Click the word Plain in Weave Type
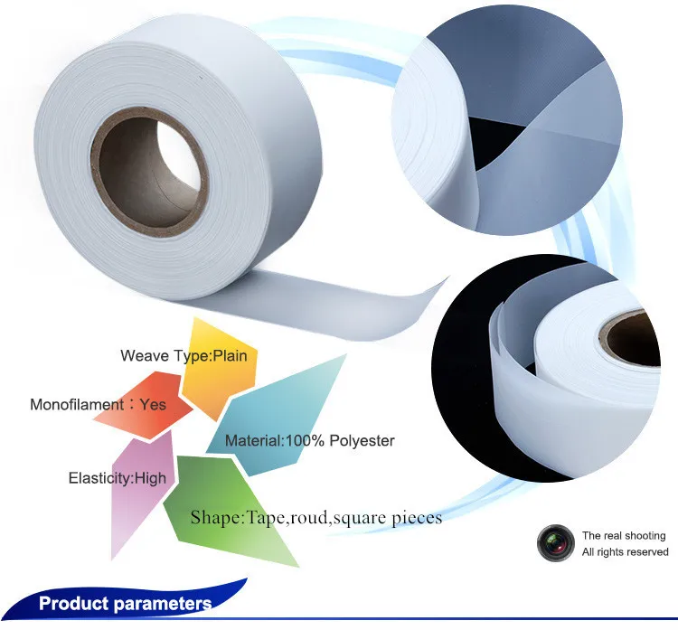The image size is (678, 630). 230,355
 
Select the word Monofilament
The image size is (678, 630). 76,404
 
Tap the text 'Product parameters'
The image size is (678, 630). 125,604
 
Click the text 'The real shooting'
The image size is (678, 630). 624,536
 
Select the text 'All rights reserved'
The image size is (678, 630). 626,552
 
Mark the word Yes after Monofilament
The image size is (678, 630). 154,404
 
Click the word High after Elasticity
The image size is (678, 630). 150,478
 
